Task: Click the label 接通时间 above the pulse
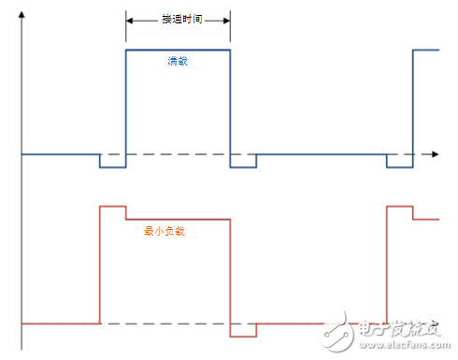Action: click(x=178, y=19)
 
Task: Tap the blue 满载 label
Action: click(x=178, y=61)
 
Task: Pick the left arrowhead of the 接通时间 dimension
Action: click(x=130, y=19)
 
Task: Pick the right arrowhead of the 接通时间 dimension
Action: click(x=225, y=19)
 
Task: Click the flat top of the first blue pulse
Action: click(x=178, y=50)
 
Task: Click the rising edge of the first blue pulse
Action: click(x=125, y=108)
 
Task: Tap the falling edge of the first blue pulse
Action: click(x=230, y=108)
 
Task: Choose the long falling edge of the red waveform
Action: click(x=230, y=276)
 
